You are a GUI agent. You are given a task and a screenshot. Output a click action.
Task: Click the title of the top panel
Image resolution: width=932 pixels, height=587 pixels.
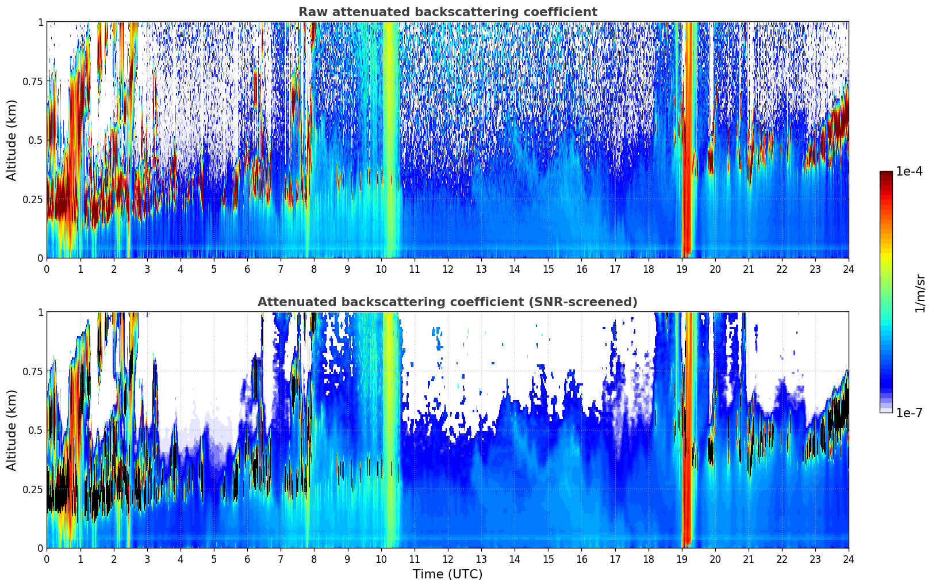coord(447,12)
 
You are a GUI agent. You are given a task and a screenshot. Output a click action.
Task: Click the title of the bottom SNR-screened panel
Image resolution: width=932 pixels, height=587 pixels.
coord(447,302)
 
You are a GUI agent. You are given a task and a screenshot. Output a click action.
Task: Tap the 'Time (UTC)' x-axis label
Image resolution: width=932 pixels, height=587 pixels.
coord(447,574)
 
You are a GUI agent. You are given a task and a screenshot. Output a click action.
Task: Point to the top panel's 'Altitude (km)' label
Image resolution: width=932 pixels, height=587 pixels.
coord(11,140)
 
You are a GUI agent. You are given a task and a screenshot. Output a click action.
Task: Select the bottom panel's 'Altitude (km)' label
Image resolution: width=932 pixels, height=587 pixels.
coord(11,430)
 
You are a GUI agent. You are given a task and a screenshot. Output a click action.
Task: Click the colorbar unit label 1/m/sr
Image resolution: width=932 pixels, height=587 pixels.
coord(919,292)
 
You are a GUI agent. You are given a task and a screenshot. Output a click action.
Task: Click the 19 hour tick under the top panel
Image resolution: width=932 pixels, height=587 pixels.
coord(682,269)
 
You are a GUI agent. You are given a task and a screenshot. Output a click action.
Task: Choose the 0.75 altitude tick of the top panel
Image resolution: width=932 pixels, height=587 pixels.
coord(33,82)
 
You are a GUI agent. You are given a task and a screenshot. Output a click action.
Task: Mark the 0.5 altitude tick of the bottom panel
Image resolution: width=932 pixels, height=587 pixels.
coord(36,430)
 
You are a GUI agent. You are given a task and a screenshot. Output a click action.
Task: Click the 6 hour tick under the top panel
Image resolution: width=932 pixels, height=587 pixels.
coord(247,269)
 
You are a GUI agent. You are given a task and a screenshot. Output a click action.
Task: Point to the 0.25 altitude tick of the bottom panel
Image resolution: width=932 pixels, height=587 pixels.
coord(33,490)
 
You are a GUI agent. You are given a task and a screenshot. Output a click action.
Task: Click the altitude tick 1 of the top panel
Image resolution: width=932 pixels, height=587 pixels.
coord(40,22)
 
